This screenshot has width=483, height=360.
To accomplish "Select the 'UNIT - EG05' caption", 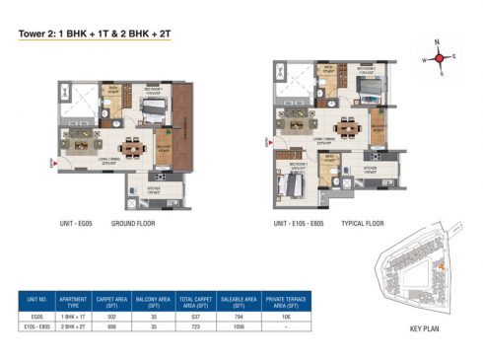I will point(79,224).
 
